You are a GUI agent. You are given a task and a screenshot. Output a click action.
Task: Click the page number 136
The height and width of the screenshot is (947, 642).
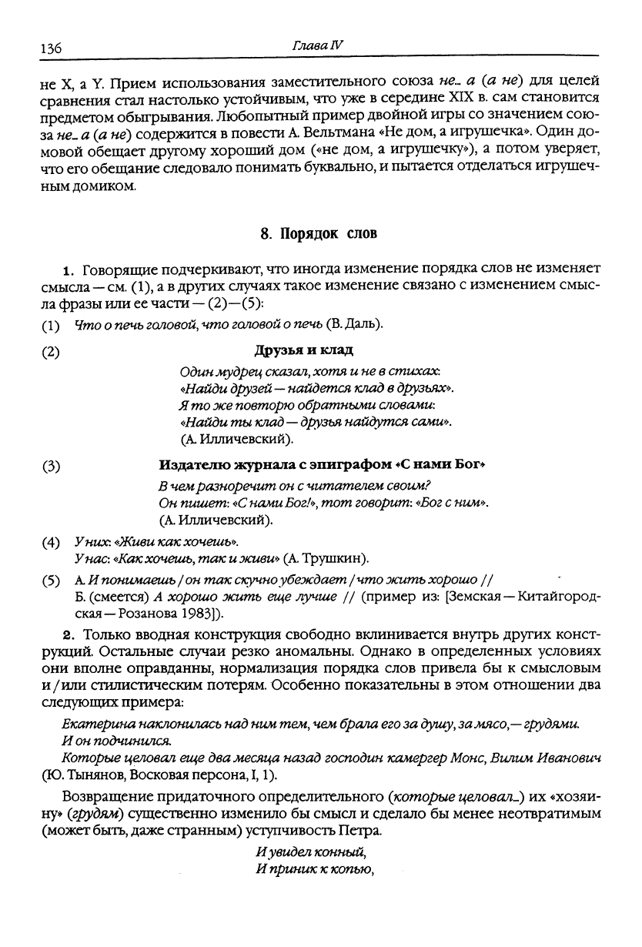click(50, 48)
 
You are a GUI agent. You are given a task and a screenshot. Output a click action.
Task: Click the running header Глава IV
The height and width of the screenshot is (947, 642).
click(317, 45)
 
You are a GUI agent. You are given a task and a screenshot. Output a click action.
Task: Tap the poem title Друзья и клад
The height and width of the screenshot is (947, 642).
click(304, 351)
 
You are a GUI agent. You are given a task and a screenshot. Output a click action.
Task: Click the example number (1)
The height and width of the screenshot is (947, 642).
click(51, 325)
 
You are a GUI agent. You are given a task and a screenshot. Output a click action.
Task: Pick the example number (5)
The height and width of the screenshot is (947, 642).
click(51, 580)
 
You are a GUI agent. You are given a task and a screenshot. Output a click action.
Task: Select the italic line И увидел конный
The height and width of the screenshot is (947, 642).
click(310, 854)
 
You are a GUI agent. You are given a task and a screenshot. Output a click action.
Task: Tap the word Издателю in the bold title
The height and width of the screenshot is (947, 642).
click(189, 466)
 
